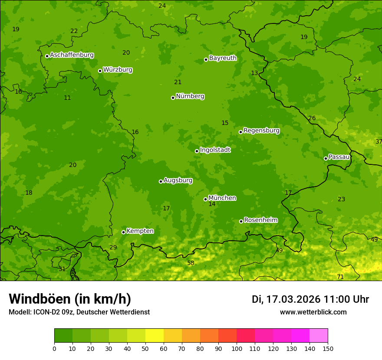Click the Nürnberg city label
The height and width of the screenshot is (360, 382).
click(x=190, y=96)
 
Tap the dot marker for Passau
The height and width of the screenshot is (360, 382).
click(x=326, y=158)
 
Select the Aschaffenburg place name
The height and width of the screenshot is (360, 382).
click(x=72, y=55)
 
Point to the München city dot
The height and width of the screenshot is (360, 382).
click(x=205, y=199)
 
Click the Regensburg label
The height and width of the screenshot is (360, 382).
click(x=261, y=131)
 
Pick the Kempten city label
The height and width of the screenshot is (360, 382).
click(x=140, y=231)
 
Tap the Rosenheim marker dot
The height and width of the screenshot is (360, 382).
click(x=241, y=221)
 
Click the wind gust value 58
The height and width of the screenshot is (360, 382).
click(x=191, y=263)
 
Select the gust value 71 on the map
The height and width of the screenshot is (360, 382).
click(x=340, y=277)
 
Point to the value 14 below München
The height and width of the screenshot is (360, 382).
click(x=212, y=204)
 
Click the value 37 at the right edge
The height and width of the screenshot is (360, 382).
click(x=379, y=142)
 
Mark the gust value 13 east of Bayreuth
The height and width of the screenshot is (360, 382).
click(x=254, y=73)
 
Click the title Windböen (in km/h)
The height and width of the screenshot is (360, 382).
click(x=70, y=299)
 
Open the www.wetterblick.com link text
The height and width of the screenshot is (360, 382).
click(x=313, y=312)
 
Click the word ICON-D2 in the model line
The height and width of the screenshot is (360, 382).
click(x=46, y=312)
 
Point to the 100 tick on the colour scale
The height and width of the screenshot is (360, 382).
click(x=237, y=348)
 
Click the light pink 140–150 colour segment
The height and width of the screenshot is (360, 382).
click(x=319, y=336)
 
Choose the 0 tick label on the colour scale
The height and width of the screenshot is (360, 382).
click(x=54, y=348)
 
